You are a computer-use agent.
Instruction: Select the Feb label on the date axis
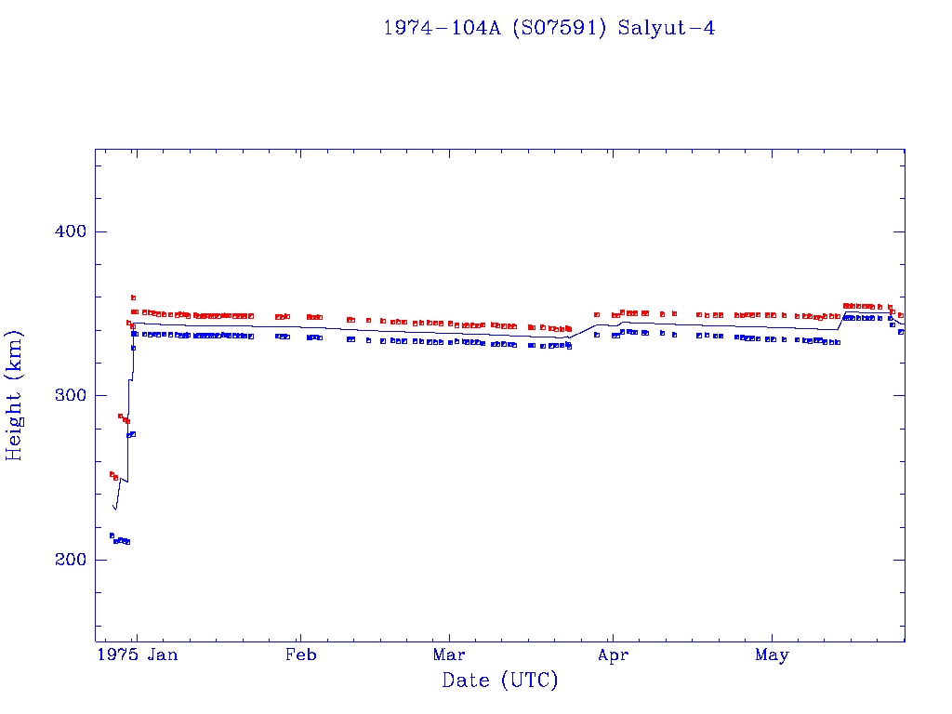[300, 655]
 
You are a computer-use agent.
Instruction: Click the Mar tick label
[449, 655]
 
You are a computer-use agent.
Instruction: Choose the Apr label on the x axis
[613, 655]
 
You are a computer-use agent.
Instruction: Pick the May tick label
[772, 655]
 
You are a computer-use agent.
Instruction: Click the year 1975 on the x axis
[119, 655]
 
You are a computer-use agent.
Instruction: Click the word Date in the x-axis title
[465, 681]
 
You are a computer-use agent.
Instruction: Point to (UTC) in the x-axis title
[529, 681]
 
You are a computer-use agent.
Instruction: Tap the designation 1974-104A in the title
[443, 28]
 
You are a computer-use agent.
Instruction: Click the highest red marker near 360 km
[133, 297]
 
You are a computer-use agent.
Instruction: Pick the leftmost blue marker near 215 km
[112, 535]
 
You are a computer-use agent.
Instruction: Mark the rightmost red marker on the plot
[900, 315]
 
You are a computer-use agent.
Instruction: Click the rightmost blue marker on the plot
[900, 332]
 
